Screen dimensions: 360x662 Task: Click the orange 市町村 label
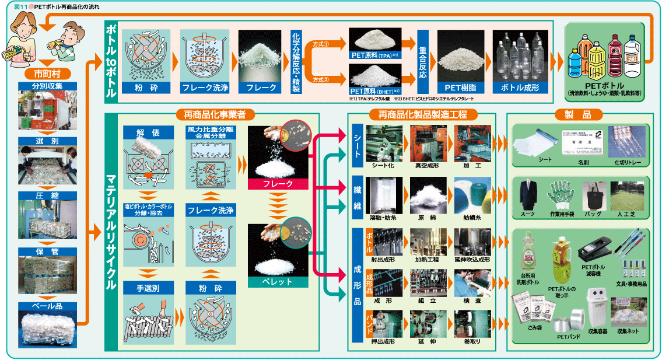click(48, 74)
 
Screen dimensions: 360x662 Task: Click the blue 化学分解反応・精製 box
click(296, 62)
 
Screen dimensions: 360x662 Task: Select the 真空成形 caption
click(427, 166)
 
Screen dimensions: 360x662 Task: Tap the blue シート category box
click(358, 141)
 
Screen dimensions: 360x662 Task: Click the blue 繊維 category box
click(358, 197)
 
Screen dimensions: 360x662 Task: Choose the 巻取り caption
click(472, 341)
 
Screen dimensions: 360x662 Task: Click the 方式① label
click(321, 44)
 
